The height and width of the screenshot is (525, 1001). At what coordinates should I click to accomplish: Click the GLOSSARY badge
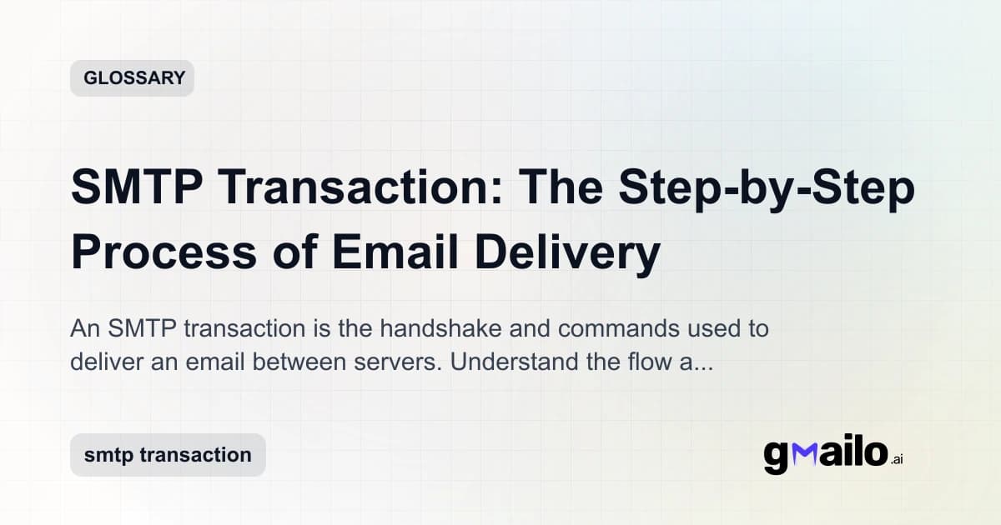click(x=132, y=78)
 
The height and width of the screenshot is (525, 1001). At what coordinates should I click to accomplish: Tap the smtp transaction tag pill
click(x=168, y=455)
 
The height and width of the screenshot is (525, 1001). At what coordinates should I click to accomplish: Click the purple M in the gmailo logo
click(x=801, y=454)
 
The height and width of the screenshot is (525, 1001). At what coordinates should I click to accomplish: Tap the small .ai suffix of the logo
click(x=897, y=459)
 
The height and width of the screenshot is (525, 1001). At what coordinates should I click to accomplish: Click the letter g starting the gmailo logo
click(x=776, y=457)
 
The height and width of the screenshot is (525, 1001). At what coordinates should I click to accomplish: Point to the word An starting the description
click(x=85, y=328)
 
